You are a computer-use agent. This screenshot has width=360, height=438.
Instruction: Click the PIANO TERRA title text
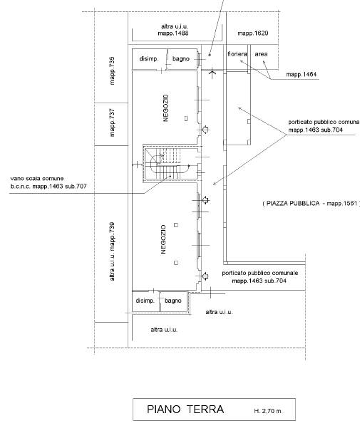click(x=185, y=410)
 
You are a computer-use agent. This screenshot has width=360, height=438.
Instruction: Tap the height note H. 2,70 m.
click(x=268, y=411)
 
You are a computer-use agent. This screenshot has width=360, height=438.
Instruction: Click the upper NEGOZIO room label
click(x=165, y=108)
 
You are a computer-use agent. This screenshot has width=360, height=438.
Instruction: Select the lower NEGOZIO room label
click(x=163, y=239)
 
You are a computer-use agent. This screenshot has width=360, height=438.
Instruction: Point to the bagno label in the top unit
click(x=181, y=59)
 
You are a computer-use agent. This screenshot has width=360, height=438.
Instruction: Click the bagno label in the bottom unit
click(x=173, y=301)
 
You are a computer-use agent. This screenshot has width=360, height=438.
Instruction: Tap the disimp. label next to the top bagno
click(x=149, y=59)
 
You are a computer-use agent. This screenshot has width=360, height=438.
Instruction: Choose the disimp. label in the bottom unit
click(x=145, y=301)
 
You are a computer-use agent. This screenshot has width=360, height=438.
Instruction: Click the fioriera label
click(x=237, y=54)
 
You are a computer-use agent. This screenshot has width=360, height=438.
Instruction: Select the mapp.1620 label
click(x=253, y=33)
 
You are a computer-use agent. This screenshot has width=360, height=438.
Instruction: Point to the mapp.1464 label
click(x=302, y=74)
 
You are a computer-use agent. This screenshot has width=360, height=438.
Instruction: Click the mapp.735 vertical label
click(x=112, y=71)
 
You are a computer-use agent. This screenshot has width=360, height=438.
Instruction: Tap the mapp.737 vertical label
click(x=112, y=122)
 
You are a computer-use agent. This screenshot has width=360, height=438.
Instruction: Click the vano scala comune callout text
click(x=48, y=182)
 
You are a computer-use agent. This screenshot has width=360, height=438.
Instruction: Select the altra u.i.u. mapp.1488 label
click(x=173, y=30)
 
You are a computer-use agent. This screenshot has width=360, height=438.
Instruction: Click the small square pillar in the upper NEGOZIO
click(x=186, y=118)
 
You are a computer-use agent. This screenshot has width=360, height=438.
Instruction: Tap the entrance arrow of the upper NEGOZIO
click(x=205, y=130)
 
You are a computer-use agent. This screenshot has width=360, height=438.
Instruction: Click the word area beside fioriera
click(x=261, y=54)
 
